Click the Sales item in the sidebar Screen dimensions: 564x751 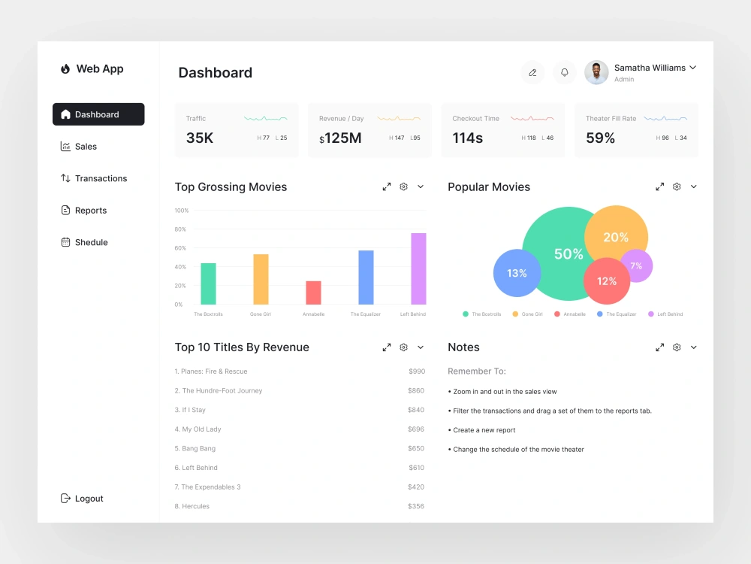pyautogui.click(x=85, y=147)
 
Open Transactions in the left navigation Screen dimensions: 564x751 pyautogui.click(x=100, y=178)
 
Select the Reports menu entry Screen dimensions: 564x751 pyautogui.click(x=90, y=211)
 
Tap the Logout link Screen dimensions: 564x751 pyautogui.click(x=88, y=499)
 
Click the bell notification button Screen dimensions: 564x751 pyautogui.click(x=565, y=73)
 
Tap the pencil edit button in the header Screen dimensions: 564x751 pyautogui.click(x=532, y=73)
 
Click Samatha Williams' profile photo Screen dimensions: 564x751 pyautogui.click(x=596, y=73)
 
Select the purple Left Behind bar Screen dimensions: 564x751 pyautogui.click(x=418, y=268)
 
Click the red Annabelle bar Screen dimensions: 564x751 pyautogui.click(x=313, y=293)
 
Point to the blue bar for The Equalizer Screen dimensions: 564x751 pyautogui.click(x=366, y=277)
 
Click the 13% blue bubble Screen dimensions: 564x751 pyautogui.click(x=517, y=273)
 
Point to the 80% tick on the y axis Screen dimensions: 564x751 pyautogui.click(x=180, y=229)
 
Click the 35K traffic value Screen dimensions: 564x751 pyautogui.click(x=200, y=138)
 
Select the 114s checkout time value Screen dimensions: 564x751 pyautogui.click(x=467, y=138)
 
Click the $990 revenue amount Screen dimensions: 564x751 pyautogui.click(x=417, y=371)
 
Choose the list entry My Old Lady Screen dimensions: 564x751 pyautogui.click(x=201, y=429)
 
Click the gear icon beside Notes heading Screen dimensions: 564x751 pyautogui.click(x=677, y=347)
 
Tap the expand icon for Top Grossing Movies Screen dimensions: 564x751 pyautogui.click(x=387, y=186)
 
